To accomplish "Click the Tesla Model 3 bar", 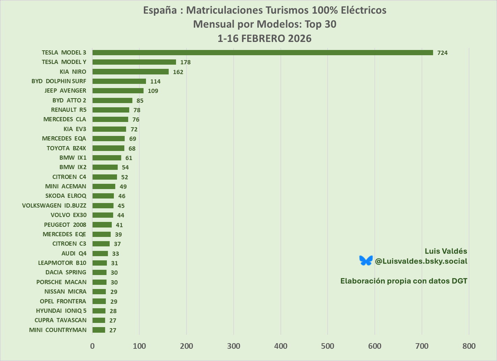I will (262, 52).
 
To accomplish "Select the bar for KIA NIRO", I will (130, 72).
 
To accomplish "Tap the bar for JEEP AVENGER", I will (118, 91).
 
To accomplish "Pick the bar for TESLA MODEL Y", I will (134, 62).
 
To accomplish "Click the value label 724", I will (442, 53).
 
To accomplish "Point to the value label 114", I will (155, 81).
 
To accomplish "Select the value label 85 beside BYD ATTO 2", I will (140, 101).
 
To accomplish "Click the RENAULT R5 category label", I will (68, 110).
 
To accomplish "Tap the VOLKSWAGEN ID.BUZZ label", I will (54, 205).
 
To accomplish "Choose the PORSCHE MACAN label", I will (61, 282).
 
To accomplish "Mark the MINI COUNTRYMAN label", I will (58, 330).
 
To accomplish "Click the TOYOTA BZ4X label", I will (66, 148).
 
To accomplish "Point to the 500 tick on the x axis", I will (328, 346).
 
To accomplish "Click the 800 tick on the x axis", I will (469, 346).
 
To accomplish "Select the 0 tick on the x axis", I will (92, 346).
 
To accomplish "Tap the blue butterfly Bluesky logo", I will (366, 260).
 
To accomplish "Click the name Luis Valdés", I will (446, 251).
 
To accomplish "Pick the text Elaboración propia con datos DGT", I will (404, 281).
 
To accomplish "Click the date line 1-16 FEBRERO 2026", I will (264, 38).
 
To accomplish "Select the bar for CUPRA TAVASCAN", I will (99, 320).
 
